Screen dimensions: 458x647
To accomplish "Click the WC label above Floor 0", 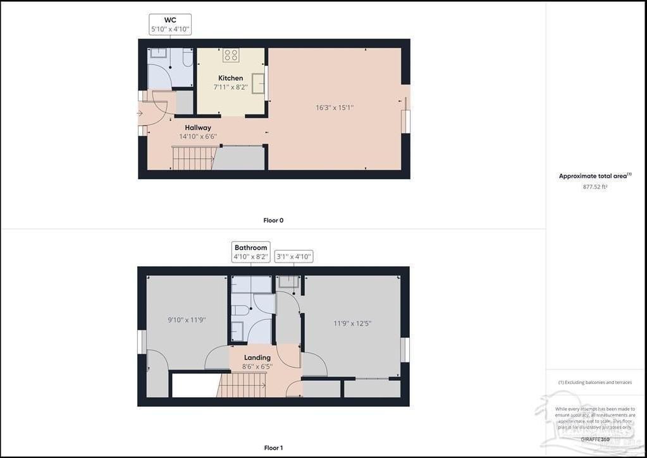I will coord(170,20).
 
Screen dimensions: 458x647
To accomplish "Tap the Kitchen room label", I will coord(231,78).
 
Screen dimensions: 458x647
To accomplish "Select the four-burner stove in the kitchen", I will coord(231,55).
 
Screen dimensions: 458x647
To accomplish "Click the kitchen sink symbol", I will coord(259,83).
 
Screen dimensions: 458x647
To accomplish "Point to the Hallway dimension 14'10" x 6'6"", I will coord(198,136).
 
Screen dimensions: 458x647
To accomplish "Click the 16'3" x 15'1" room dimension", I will coord(335,108).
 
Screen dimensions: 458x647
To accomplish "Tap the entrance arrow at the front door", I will coord(140,113).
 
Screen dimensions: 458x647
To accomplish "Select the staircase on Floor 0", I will coord(194,158).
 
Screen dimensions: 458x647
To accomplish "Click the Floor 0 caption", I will coord(273,220).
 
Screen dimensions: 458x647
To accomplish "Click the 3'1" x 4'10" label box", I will coord(294,257).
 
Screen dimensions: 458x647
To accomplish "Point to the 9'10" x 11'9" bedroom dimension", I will coord(187,320).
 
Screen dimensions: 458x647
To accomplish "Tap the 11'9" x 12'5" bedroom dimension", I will coord(352,323).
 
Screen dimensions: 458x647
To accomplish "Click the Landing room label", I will coord(257,357).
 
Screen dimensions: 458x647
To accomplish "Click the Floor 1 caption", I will coord(273,448).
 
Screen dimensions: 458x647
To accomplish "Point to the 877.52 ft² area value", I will coord(595,187).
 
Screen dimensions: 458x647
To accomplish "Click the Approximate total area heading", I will coord(595,176).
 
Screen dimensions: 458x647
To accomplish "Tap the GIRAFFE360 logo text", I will coord(595,439).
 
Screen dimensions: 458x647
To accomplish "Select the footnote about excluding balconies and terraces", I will coord(595,382).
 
